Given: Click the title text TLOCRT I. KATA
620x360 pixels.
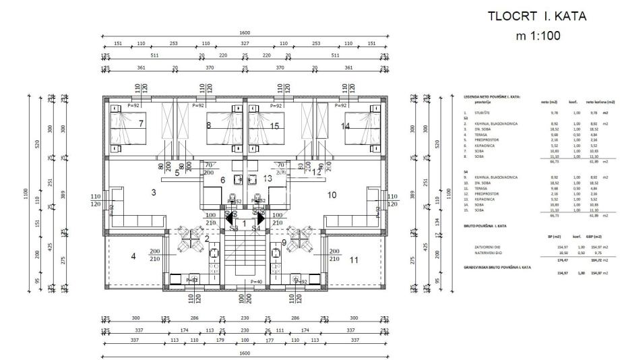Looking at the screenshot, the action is click(538, 16).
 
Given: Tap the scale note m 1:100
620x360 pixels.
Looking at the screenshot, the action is click(538, 36).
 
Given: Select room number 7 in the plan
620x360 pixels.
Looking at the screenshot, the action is click(141, 124).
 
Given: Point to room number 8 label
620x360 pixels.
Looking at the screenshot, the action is click(208, 125).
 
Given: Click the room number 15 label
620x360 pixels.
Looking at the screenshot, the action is click(274, 125).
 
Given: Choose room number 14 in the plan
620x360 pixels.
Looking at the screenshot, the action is click(346, 125).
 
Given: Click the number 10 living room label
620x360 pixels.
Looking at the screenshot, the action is click(332, 196).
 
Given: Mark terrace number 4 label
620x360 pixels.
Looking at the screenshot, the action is click(133, 256).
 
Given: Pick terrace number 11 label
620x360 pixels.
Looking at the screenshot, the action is click(354, 259).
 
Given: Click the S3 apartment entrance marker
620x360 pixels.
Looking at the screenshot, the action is click(234, 229).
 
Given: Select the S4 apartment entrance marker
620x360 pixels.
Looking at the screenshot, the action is click(255, 229).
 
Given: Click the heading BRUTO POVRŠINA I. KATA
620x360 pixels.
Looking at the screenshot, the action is click(485, 226).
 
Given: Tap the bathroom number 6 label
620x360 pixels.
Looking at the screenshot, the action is click(222, 180).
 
